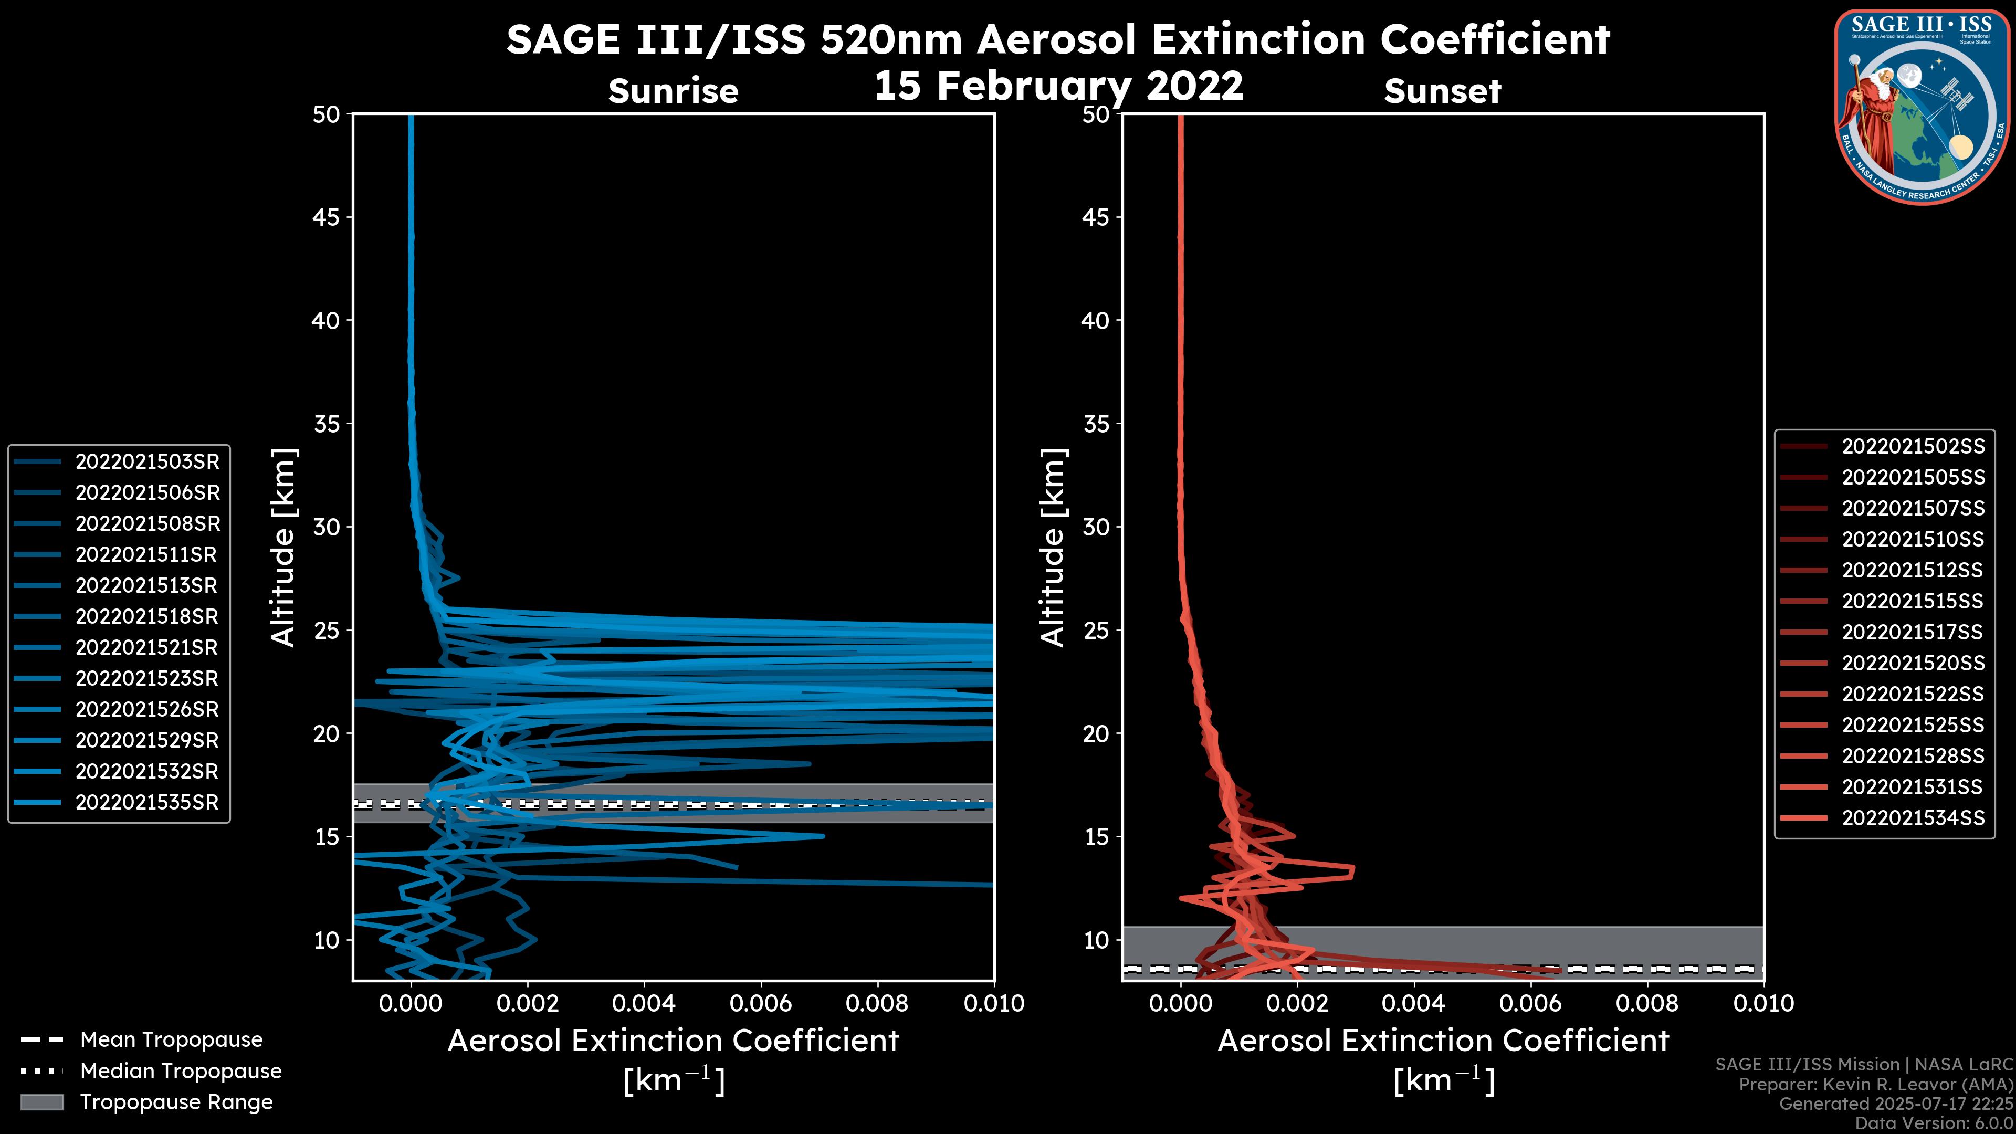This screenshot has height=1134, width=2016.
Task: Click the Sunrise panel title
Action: (x=673, y=91)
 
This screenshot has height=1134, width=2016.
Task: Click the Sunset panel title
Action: (x=1442, y=91)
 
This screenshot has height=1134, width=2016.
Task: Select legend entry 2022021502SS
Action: (x=1913, y=446)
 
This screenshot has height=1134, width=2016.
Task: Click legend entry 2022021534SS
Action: (x=1913, y=818)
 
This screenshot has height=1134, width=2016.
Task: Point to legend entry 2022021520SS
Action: (x=1913, y=663)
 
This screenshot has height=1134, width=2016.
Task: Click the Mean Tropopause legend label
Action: (x=171, y=1039)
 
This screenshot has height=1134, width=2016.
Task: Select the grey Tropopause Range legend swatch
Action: (x=42, y=1102)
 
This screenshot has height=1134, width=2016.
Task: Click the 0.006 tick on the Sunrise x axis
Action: (x=761, y=1003)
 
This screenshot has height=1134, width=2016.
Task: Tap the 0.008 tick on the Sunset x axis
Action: (x=1647, y=1003)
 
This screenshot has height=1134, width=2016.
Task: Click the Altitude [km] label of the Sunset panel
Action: (x=1053, y=548)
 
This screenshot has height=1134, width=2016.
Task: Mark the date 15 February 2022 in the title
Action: (x=1058, y=85)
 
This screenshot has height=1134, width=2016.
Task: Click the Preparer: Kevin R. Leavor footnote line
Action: (x=1875, y=1085)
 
